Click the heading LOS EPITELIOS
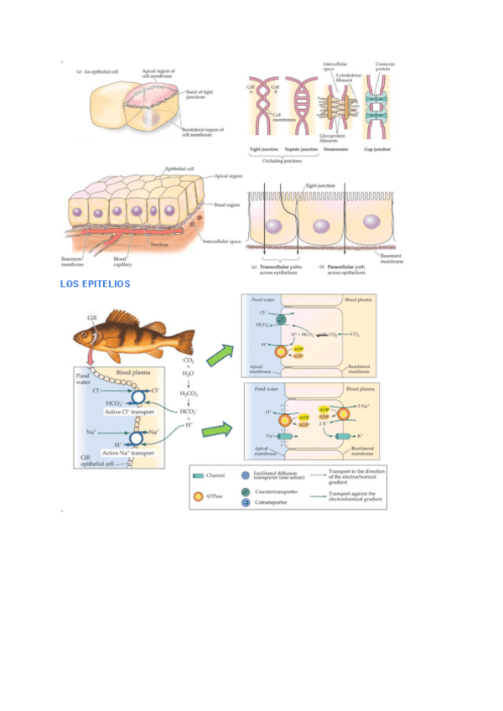(95, 284)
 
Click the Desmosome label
(337, 149)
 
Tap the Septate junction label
(300, 149)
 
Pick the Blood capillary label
(122, 262)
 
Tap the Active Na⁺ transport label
(129, 452)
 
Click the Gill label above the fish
(92, 317)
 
